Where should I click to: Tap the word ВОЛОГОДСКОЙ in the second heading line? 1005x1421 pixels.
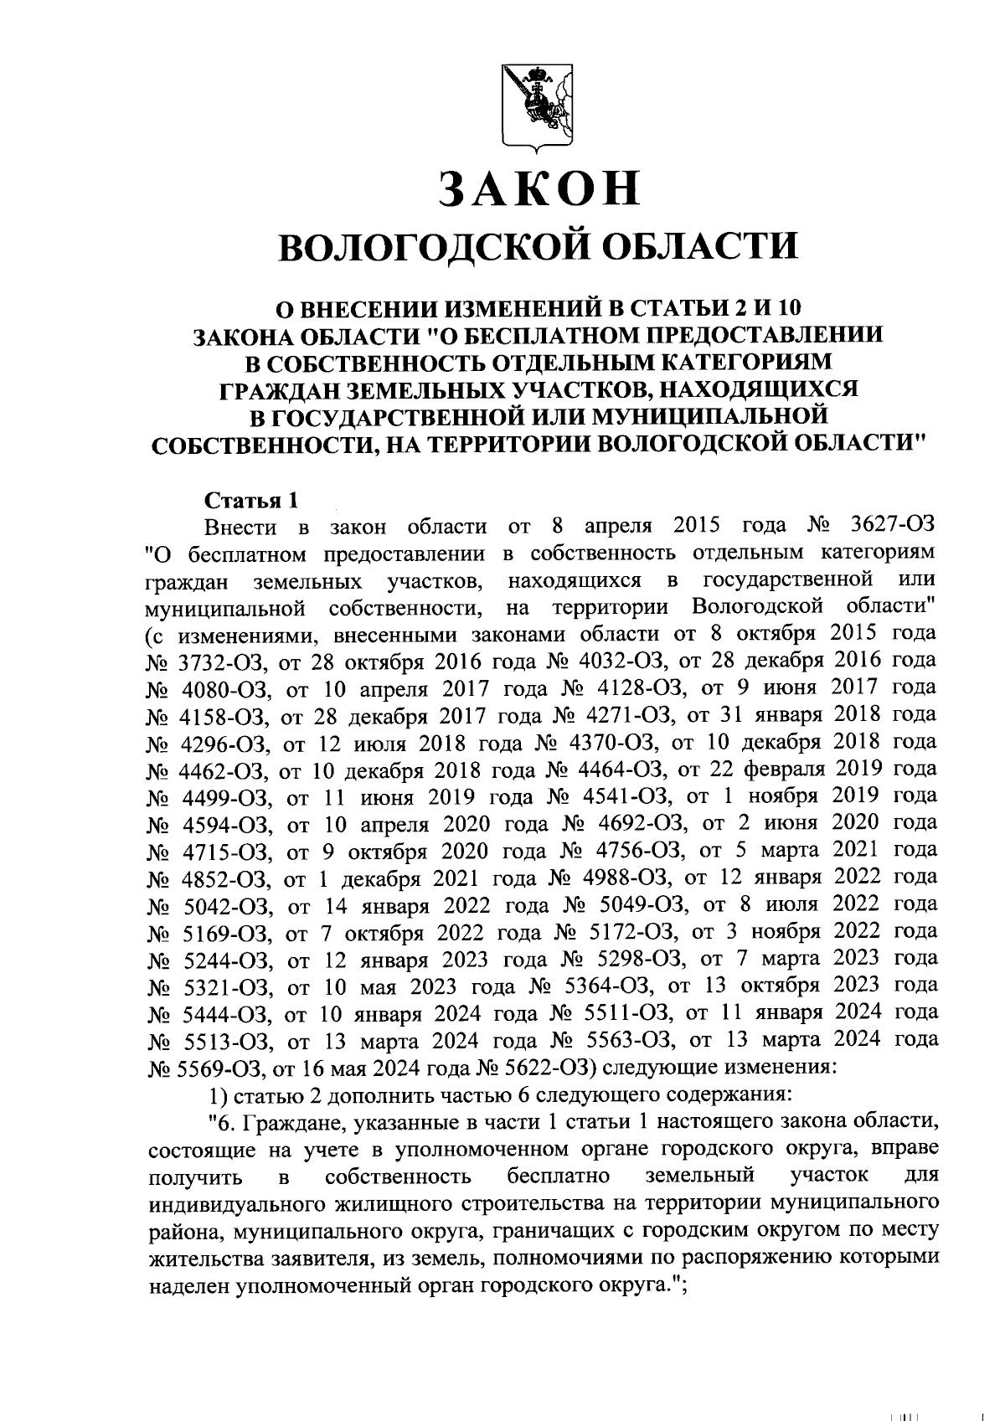pyautogui.click(x=426, y=248)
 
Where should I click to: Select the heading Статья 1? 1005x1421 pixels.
pyautogui.click(x=251, y=501)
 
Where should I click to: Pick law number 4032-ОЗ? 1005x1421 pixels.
pyautogui.click(x=620, y=662)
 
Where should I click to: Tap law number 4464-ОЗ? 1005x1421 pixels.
pyautogui.click(x=619, y=769)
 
